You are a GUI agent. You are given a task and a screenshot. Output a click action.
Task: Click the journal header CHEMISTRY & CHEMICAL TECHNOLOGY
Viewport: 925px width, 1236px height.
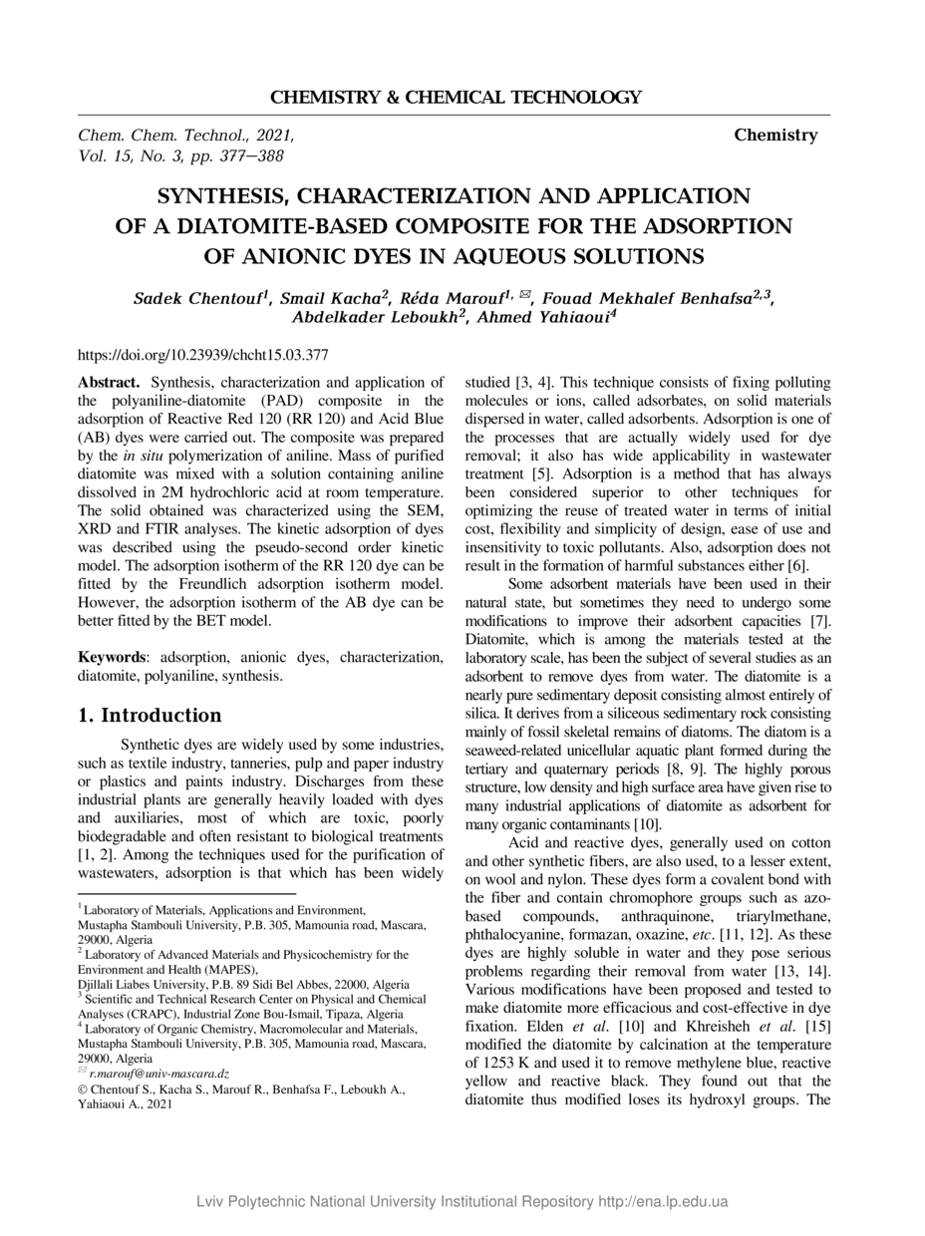[x=456, y=98]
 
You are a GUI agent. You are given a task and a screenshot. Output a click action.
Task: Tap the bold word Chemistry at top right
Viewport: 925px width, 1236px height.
[x=775, y=136]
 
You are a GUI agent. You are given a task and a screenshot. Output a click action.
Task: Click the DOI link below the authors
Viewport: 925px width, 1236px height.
[x=203, y=354]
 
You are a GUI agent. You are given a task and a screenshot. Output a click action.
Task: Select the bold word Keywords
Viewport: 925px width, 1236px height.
[x=113, y=657]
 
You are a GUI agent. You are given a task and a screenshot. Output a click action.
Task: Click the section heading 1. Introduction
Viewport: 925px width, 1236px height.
[x=150, y=716]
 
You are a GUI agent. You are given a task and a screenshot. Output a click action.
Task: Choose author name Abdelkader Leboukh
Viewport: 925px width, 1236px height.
[x=375, y=318]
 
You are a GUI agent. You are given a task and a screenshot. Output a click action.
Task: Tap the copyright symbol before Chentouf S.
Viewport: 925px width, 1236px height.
[x=83, y=1089]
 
